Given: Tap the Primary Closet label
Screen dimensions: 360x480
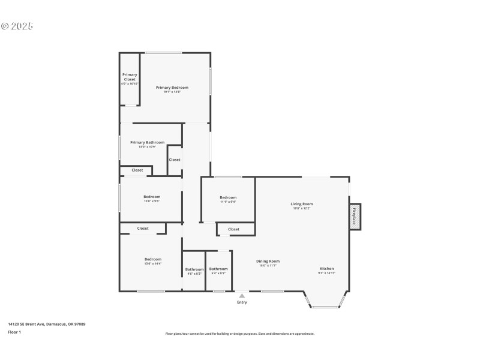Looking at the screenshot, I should pos(130,77).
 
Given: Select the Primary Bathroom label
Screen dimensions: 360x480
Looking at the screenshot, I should pos(147,142).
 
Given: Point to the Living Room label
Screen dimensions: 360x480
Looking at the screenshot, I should pos(302,204).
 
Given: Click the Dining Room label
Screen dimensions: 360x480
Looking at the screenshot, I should pos(268,261).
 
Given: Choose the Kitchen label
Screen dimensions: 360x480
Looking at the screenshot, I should pos(326,268).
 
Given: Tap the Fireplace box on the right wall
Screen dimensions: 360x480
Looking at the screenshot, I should pos(355,216).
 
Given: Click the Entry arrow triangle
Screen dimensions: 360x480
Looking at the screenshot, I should pos(242,295).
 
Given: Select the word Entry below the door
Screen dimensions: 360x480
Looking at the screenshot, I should pos(242,302).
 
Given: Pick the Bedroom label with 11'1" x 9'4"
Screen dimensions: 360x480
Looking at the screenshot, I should pos(228,197).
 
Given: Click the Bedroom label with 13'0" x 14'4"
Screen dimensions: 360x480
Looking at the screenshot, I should pos(152,259).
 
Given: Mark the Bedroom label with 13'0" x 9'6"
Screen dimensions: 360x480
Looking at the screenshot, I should pos(151,197).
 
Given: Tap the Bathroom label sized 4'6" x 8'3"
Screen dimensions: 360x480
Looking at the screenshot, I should pos(194,269).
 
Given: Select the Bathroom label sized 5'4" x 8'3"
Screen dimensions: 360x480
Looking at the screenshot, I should pos(218,269).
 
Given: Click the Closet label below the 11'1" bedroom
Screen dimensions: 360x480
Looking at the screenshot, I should pos(233,229).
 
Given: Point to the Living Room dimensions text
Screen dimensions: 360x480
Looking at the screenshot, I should pos(302,209).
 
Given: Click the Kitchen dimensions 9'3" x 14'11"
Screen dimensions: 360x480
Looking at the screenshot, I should pos(326,273).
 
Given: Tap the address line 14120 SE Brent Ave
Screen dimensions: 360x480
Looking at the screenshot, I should pos(46,324).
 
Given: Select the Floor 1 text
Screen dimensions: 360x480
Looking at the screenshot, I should pos(14,332).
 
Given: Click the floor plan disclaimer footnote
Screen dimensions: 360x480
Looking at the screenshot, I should pos(239,334).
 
